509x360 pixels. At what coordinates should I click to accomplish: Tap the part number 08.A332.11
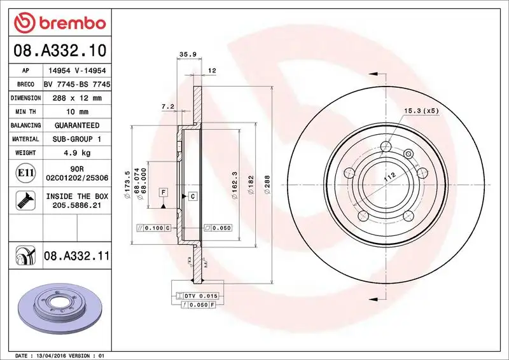pos(77,256)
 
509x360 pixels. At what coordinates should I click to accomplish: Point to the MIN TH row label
pos(25,112)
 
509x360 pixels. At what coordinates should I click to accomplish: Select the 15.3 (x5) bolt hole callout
pos(422,111)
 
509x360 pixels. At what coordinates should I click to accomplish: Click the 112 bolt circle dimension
pos(387,178)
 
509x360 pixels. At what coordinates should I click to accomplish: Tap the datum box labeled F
pos(164,191)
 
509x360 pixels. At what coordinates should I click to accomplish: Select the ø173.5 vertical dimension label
pos(127,184)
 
